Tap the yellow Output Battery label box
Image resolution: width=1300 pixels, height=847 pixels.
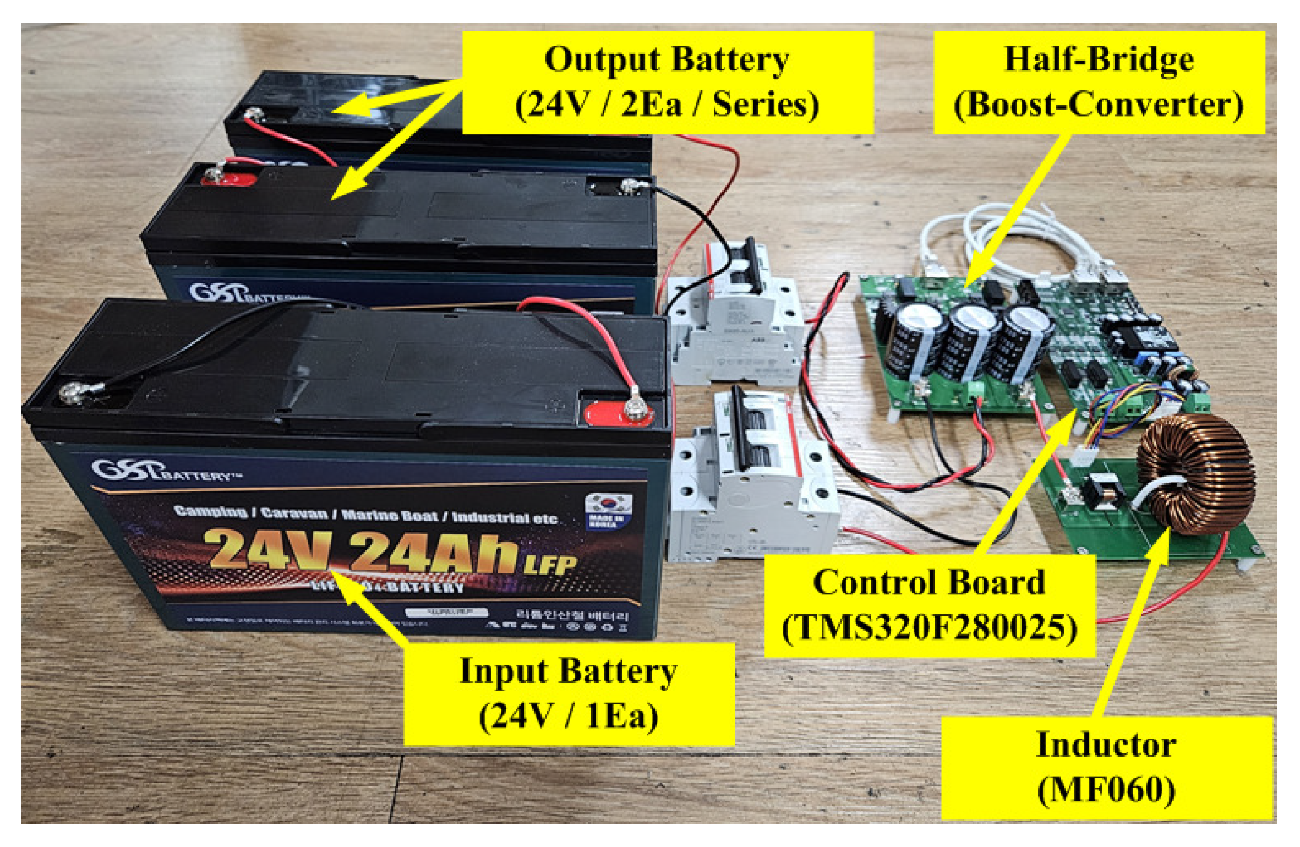point(667,83)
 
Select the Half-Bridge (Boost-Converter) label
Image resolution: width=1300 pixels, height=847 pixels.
point(1099,83)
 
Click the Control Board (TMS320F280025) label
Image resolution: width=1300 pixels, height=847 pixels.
point(929,605)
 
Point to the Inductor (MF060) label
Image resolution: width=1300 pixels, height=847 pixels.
point(1106,767)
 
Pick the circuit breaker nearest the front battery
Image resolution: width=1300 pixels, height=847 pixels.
point(751,479)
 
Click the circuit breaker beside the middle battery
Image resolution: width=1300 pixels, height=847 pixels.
point(735,314)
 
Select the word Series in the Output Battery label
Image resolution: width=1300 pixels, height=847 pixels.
point(765,105)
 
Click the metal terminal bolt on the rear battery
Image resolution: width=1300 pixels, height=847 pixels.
point(253,114)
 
